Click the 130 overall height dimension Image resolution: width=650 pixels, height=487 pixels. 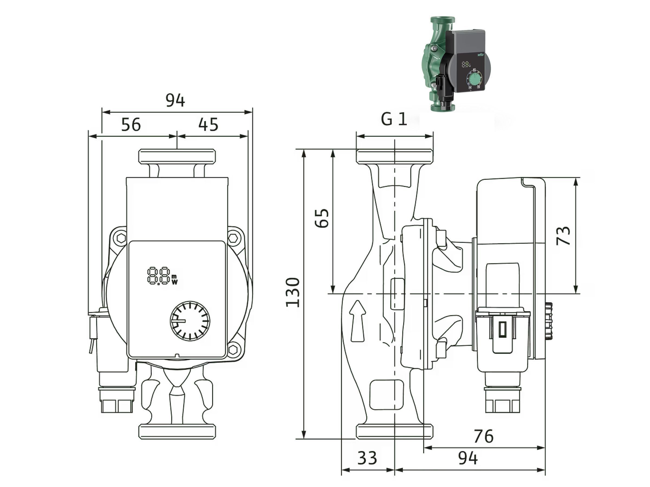tap(293, 292)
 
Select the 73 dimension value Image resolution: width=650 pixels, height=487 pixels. tap(563, 235)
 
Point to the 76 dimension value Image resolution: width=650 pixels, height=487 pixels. tap(484, 436)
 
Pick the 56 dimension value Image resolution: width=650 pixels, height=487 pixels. tap(131, 124)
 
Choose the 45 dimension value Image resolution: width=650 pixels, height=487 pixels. tap(208, 124)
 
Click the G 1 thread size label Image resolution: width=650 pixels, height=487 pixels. tap(394, 119)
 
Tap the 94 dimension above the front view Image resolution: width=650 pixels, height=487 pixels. tap(175, 100)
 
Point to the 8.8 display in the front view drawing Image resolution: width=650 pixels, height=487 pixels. tap(162, 276)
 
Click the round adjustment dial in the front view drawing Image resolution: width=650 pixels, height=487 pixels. tap(190, 321)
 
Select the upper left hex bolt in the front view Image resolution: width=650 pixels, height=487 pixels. tap(121, 238)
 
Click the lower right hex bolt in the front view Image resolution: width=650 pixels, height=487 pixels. tap(233, 349)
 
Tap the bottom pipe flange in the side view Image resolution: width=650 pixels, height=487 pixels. tap(395, 431)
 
